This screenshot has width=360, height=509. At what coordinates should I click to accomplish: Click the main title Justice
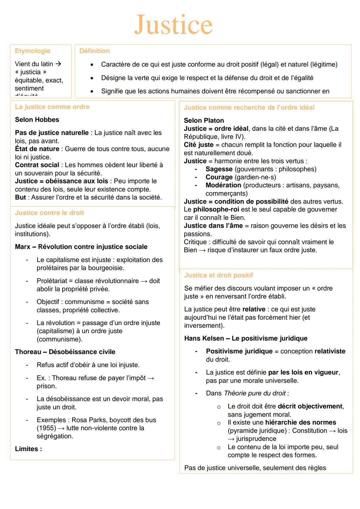click(173, 25)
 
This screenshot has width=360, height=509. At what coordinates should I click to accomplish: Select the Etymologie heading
click(33, 51)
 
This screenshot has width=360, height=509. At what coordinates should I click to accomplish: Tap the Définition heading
click(94, 51)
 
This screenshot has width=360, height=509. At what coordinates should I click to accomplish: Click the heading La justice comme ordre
click(52, 107)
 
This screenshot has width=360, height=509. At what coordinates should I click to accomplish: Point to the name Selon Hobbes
click(37, 120)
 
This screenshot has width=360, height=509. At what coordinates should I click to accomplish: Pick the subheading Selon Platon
click(204, 120)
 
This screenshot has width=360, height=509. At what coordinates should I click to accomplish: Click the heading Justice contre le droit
click(49, 213)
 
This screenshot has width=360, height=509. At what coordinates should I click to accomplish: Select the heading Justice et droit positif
click(218, 275)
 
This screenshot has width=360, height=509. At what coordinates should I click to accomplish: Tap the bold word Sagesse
click(219, 169)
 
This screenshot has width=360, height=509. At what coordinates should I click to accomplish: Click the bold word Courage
click(219, 177)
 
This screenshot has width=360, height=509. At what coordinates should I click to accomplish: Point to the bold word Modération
click(223, 185)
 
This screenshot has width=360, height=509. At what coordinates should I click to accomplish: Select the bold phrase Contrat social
click(37, 165)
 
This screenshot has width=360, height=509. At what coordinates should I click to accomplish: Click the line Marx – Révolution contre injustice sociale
click(81, 247)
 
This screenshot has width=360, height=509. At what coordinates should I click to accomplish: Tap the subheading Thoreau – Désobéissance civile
click(65, 352)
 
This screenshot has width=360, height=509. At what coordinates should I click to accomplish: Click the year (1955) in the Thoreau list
click(46, 428)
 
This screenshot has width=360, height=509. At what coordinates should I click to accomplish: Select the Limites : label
click(28, 449)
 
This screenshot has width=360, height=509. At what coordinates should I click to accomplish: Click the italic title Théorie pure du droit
click(255, 393)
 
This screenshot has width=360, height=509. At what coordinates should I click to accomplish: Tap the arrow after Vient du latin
click(58, 64)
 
